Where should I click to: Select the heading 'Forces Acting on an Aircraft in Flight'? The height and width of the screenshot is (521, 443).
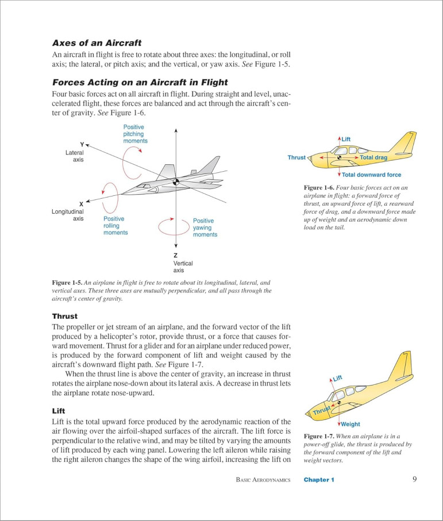pyautogui.click(x=140, y=82)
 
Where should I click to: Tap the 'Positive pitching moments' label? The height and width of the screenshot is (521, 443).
pyautogui.click(x=135, y=134)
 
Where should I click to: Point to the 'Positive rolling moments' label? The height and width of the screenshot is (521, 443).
pyautogui.click(x=115, y=226)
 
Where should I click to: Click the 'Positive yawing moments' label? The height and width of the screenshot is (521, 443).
pyautogui.click(x=205, y=227)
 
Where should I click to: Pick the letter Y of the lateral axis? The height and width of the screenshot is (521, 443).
pyautogui.click(x=82, y=144)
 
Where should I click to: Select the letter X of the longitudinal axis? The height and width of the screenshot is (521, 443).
pyautogui.click(x=81, y=203)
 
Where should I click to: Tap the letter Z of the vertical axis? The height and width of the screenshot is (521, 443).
pyautogui.click(x=175, y=255)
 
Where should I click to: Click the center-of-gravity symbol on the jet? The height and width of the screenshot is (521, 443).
pyautogui.click(x=176, y=182)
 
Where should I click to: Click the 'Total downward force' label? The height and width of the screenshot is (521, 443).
pyautogui.click(x=371, y=175)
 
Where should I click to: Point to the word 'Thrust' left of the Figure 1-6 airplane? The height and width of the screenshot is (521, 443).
pyautogui.click(x=296, y=157)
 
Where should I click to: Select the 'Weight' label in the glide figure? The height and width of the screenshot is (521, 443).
pyautogui.click(x=350, y=424)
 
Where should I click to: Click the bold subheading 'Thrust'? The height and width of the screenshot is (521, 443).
pyautogui.click(x=65, y=316)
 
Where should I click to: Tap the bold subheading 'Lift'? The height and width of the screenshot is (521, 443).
pyautogui.click(x=60, y=412)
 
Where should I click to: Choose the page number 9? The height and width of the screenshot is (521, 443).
pyautogui.click(x=415, y=479)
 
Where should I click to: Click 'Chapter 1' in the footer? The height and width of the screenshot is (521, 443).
pyautogui.click(x=319, y=480)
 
